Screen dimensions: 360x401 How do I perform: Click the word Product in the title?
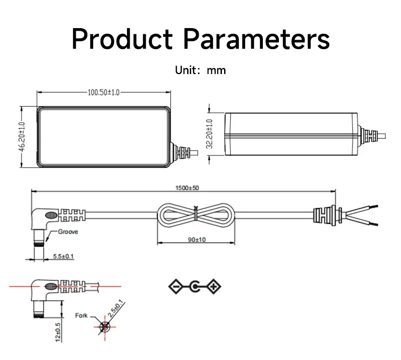coord(122,39)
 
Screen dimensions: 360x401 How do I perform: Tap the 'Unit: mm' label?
coord(200,70)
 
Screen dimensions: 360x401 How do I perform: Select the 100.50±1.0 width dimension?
coord(103,93)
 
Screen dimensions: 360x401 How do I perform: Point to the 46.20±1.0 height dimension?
coord(22,137)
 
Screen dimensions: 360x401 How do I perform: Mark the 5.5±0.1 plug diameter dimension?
coord(63,257)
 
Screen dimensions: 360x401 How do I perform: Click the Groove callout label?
coord(68,232)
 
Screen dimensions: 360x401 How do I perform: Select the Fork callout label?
coord(82,316)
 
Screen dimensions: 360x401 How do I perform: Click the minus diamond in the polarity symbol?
coord(176,286)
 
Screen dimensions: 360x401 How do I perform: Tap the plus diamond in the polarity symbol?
coord(214,286)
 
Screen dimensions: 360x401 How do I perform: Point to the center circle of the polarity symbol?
coord(195,286)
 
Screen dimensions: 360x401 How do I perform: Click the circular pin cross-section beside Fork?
coord(105,327)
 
